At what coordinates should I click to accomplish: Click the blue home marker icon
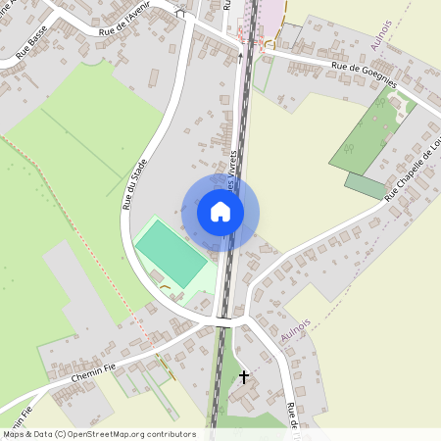click(220, 212)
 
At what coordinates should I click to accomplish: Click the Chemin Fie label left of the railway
click(94, 373)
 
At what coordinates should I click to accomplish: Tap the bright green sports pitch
click(171, 253)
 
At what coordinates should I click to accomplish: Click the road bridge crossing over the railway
click(224, 320)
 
